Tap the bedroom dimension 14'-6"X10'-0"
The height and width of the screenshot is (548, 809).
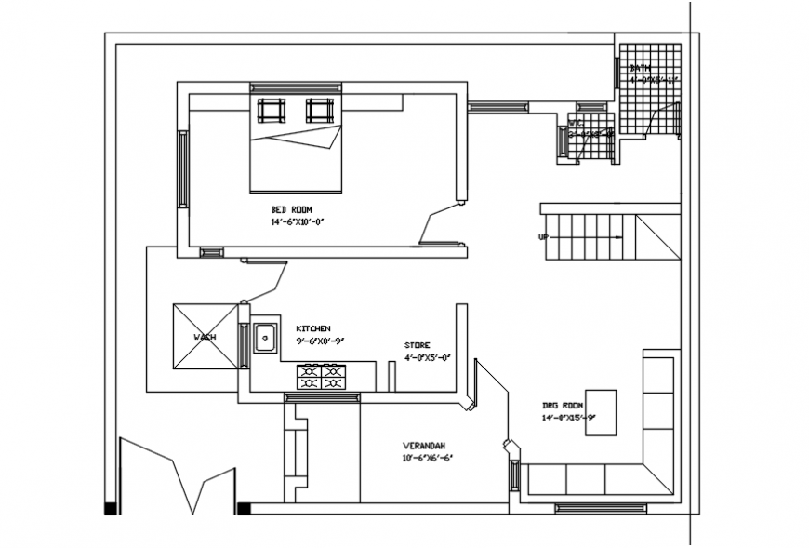point(298,222)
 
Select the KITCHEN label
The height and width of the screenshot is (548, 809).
point(313,329)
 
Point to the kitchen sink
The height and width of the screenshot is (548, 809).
point(265,336)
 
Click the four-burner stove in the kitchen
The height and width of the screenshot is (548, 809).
point(321,377)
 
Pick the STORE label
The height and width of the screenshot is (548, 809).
point(417,345)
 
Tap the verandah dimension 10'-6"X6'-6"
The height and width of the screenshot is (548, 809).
point(428,458)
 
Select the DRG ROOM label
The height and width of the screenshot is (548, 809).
point(563,406)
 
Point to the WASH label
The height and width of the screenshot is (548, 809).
point(204,337)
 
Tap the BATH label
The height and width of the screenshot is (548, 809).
point(640,68)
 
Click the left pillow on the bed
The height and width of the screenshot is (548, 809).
point(272,111)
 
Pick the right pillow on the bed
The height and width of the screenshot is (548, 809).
point(319,111)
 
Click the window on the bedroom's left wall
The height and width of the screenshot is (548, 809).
point(183,169)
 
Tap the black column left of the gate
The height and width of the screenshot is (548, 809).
point(111,508)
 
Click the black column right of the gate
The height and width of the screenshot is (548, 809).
point(244,508)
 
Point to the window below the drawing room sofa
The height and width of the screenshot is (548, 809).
point(599,507)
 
